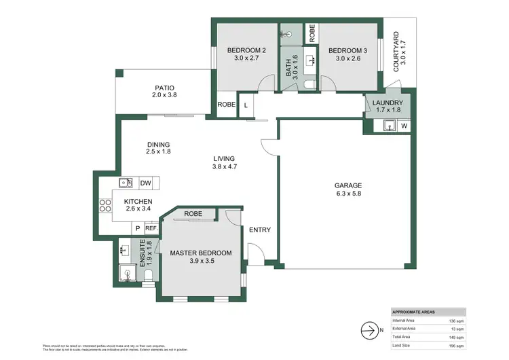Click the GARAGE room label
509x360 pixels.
348,185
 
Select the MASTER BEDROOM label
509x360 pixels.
200,253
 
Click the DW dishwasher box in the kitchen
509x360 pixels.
145,183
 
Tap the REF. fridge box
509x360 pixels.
150,229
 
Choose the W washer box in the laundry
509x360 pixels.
404,126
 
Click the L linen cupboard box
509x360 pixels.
245,105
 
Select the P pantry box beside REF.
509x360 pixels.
137,229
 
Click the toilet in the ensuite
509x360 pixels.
149,274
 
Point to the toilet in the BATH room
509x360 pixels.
308,84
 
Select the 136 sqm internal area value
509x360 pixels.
456,320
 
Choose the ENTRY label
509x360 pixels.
259,230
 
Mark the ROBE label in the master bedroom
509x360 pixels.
193,212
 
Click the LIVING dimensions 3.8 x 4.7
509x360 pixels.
224,166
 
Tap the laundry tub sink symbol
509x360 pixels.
389,125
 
